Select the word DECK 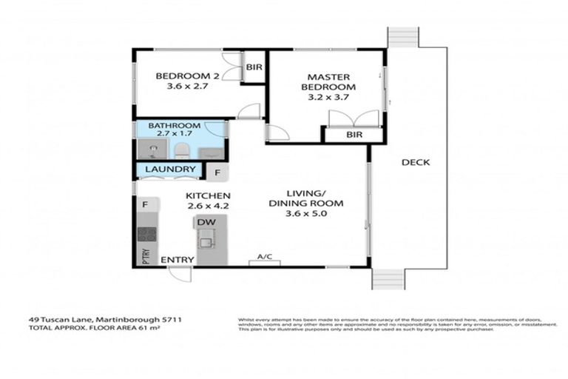tap(416, 163)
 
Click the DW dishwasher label tap(206, 222)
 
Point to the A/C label tap(265, 257)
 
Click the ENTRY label tap(177, 259)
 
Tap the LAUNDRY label tap(171, 170)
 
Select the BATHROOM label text tap(175, 126)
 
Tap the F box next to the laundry tap(217, 172)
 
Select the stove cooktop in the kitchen tap(146, 235)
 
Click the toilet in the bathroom tap(180, 151)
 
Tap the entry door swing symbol tap(180, 274)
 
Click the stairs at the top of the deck tap(403, 37)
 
